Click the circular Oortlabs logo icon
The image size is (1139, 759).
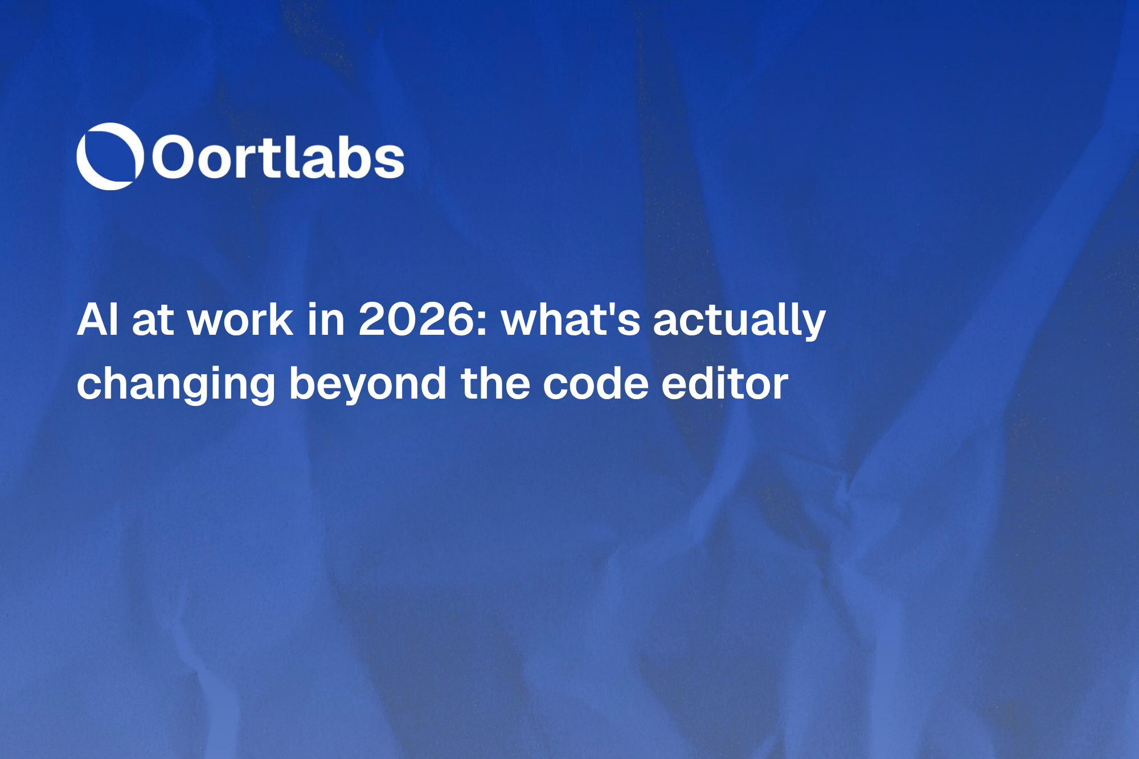click(x=109, y=156)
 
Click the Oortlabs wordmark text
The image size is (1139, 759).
click(x=278, y=157)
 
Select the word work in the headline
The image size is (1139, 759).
click(x=240, y=319)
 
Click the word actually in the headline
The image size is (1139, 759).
click(x=739, y=321)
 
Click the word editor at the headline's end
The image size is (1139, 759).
click(x=724, y=384)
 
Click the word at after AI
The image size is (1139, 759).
click(x=152, y=321)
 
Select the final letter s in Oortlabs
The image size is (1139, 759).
click(x=391, y=161)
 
